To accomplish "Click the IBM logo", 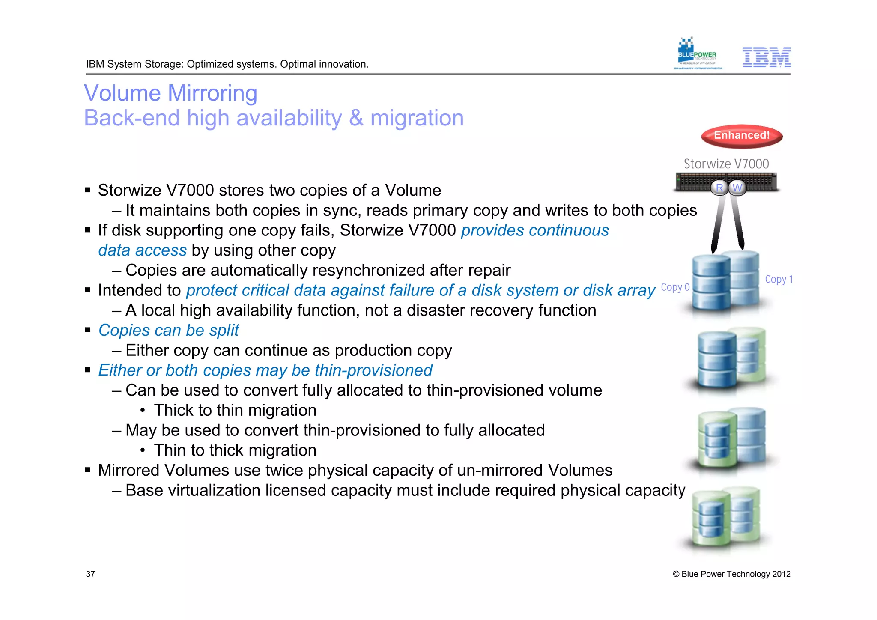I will coord(766,57).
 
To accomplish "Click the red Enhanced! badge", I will coord(741,136).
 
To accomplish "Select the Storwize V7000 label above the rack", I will coord(726,164).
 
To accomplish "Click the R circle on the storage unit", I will coord(719,188).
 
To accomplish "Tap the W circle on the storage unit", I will coord(737,188).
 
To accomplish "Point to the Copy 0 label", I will coord(675,287).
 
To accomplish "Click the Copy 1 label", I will coord(779,280).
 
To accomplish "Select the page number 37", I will coord(90,574).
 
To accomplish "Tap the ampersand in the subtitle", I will coord(356,118).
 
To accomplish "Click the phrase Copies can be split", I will coord(168,331).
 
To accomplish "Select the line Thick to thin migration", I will coord(235,411).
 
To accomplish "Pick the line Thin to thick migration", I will coord(235,450).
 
